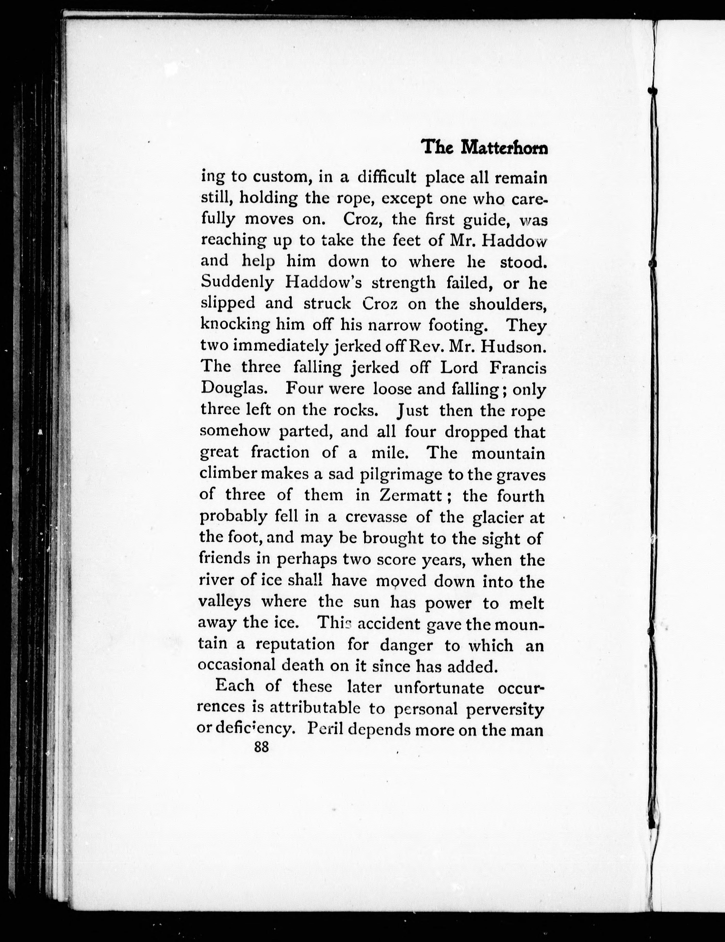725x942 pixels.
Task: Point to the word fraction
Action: [x=280, y=453]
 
